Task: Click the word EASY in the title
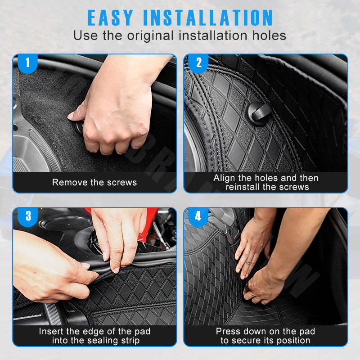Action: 110,18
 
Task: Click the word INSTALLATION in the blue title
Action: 208,18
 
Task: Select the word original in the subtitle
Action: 150,36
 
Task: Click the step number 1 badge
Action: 28,63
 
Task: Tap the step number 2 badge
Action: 198,63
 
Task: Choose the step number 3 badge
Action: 28,216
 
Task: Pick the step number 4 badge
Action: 198,216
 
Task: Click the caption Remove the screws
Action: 94,182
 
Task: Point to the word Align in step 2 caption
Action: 224,178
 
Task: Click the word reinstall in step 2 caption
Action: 243,187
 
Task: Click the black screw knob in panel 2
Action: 259,114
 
